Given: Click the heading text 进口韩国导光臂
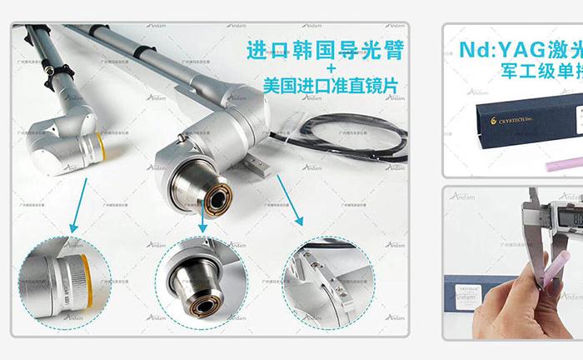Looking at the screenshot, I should (x=326, y=50).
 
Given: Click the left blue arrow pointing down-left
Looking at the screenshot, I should (x=77, y=212).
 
